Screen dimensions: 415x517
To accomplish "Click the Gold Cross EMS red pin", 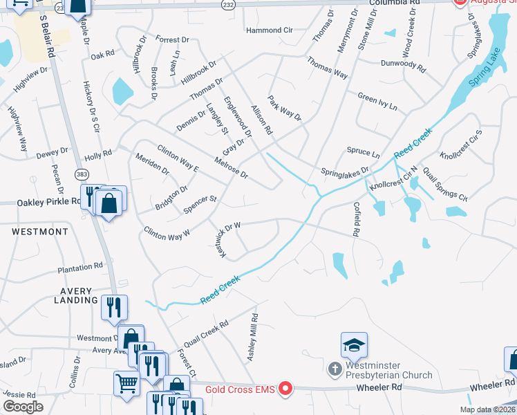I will click(x=284, y=390).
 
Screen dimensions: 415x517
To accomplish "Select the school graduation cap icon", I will click(x=354, y=345).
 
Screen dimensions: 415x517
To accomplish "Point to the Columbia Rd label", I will click(x=395, y=3).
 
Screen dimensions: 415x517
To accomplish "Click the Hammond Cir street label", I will click(x=270, y=30).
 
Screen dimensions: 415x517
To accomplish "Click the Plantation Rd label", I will click(x=80, y=266).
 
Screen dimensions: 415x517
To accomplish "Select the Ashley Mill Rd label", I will click(x=252, y=336).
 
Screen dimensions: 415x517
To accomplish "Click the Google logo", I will click(x=23, y=407).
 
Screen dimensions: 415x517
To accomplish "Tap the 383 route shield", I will click(x=83, y=175).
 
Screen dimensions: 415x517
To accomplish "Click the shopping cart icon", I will click(x=126, y=382).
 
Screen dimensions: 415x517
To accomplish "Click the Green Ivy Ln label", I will click(x=377, y=102).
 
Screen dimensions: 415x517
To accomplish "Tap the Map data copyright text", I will click(x=487, y=409).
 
